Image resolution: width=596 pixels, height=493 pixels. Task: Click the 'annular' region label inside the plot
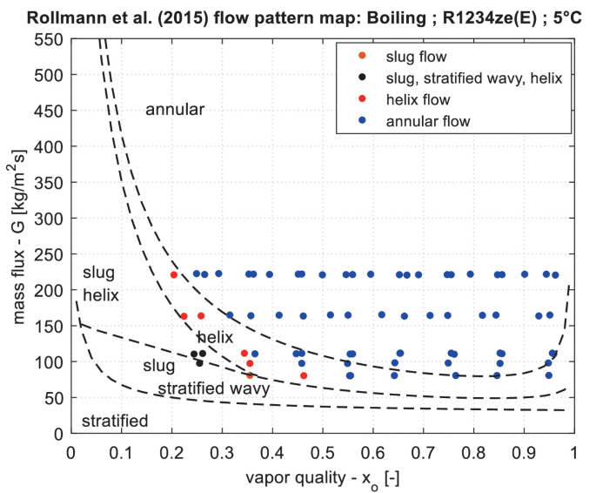(175, 110)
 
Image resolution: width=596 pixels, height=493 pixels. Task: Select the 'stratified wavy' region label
(213, 388)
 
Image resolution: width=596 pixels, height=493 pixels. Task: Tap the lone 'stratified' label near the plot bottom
(114, 422)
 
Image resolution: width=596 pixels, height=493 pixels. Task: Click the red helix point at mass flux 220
(173, 275)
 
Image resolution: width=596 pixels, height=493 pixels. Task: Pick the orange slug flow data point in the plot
(250, 375)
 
